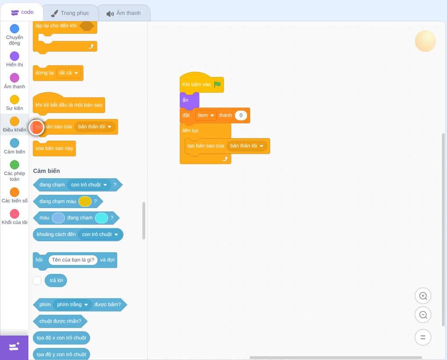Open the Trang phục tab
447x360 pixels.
click(x=70, y=13)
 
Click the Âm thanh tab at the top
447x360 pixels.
click(x=124, y=13)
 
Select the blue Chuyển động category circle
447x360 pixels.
click(x=15, y=29)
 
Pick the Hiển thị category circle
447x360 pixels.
click(x=15, y=56)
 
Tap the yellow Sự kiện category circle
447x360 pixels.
click(x=15, y=100)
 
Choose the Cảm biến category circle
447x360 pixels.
click(x=15, y=143)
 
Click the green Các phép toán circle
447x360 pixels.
click(x=15, y=165)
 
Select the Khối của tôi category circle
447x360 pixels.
click(x=15, y=213)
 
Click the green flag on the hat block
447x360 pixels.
click(x=217, y=84)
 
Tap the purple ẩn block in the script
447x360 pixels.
click(x=189, y=100)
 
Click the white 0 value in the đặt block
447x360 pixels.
click(x=241, y=115)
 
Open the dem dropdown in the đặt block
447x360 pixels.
click(x=206, y=115)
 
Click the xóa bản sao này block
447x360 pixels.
click(x=55, y=148)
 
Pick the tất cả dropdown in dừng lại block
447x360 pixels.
click(x=68, y=73)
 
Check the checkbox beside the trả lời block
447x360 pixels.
click(x=37, y=280)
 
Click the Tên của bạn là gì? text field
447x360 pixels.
click(x=73, y=260)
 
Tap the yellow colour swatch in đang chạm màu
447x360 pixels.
click(x=85, y=201)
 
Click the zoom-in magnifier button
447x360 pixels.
click(x=423, y=296)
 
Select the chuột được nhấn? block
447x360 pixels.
click(x=60, y=321)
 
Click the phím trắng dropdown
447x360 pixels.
click(x=72, y=305)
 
